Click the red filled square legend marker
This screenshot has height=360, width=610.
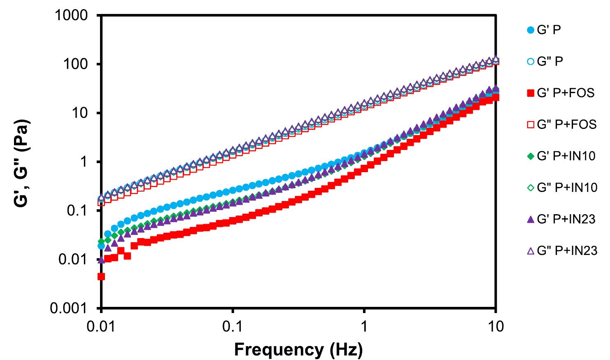[x=531, y=94]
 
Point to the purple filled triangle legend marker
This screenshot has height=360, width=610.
[x=531, y=220]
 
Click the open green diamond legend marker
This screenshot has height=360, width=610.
[x=531, y=188]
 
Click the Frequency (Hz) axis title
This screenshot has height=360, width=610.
[x=298, y=350]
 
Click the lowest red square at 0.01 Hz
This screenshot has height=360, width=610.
[x=101, y=276]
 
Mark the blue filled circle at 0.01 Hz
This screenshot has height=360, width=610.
[x=101, y=246]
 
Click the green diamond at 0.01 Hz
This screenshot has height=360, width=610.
[x=101, y=241]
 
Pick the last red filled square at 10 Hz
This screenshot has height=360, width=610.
[x=496, y=98]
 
